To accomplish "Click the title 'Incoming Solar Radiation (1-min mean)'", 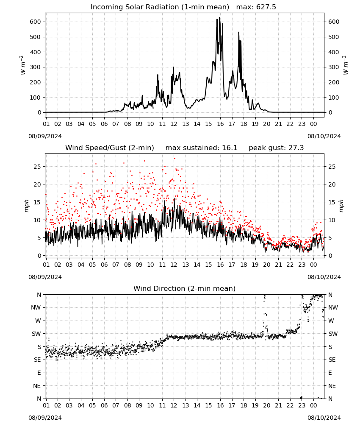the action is [160, 7].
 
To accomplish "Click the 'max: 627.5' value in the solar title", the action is [256, 7].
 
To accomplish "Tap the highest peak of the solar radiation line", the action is [219, 17].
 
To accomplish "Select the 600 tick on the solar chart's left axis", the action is [36, 22].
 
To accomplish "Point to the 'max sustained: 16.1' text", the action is [201, 148].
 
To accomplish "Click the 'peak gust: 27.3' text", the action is [276, 148].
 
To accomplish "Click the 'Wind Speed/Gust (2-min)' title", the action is [110, 148].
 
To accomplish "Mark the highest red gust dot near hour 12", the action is [175, 158].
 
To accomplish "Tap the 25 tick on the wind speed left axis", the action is [37, 167].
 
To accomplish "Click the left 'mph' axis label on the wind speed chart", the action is [26, 206].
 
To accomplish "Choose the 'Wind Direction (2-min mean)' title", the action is [185, 288].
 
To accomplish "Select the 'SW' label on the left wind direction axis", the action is [36, 334].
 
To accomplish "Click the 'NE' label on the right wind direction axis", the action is [332, 386].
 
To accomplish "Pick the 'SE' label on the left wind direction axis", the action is [38, 360].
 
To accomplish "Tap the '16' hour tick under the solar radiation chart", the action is [220, 124].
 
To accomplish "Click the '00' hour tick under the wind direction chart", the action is [313, 405].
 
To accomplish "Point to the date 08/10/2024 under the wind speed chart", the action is [324, 277].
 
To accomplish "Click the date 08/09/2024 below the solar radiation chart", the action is [45, 136].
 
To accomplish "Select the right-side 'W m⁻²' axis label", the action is [346, 65].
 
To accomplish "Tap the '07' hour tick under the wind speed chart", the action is [116, 265].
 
